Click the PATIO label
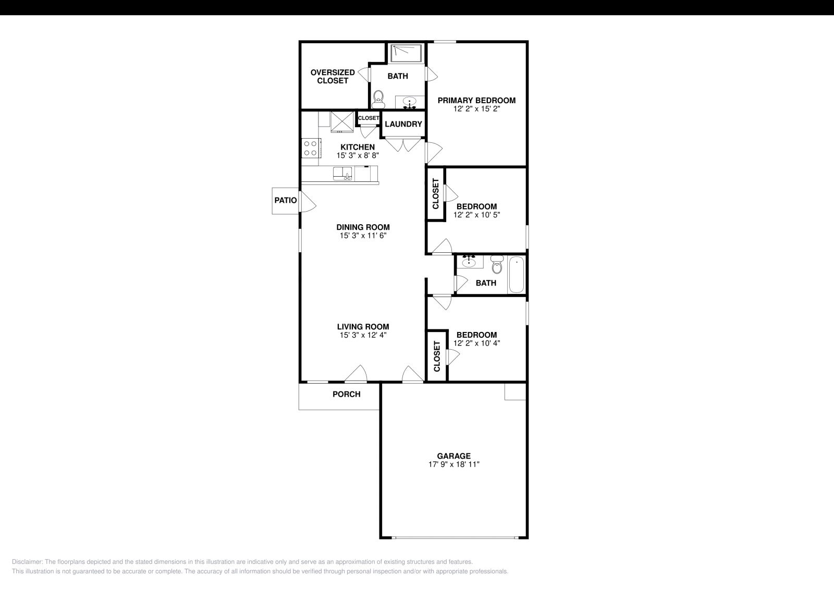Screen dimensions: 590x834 coord(285,200)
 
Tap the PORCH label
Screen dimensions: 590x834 coord(346,394)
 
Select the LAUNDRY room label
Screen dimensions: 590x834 coord(403,124)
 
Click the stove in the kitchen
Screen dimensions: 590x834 coord(311,147)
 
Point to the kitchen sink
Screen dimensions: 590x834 coord(342,174)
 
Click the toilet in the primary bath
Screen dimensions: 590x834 coord(379,97)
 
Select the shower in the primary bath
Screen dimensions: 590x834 coord(407,53)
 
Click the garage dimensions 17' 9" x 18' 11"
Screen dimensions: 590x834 coord(453,464)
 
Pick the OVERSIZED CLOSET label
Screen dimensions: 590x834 coord(333,77)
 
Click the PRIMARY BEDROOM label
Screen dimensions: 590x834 coord(476,101)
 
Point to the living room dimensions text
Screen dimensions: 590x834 coord(363,335)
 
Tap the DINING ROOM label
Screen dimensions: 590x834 coord(363,227)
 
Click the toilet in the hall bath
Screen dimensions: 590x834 coord(496,265)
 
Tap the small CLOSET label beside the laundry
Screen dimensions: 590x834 coord(369,118)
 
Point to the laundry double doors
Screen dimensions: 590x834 coord(403,144)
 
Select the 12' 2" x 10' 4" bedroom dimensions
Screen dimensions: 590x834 coord(476,343)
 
